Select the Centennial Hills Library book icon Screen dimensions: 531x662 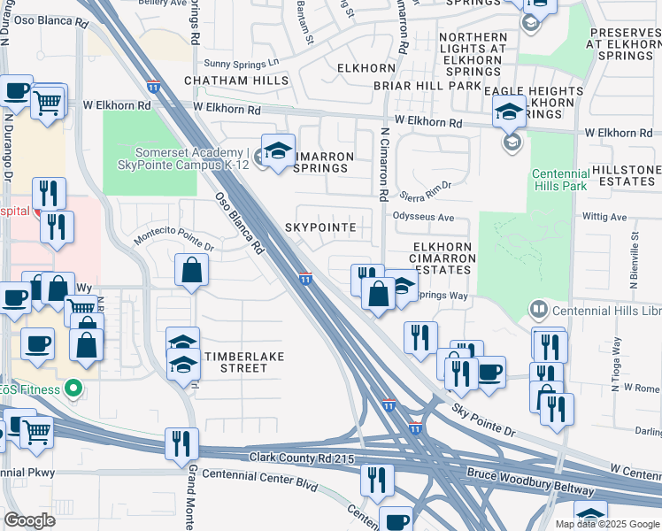[537, 310]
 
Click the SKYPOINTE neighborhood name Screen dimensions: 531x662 [320, 227]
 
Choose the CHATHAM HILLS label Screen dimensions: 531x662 [236, 81]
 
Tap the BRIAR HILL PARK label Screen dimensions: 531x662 [427, 86]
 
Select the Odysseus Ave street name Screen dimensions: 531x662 [423, 217]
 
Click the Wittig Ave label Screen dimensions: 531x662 [604, 216]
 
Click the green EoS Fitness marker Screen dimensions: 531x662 [74, 389]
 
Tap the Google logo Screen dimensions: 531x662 [30, 519]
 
